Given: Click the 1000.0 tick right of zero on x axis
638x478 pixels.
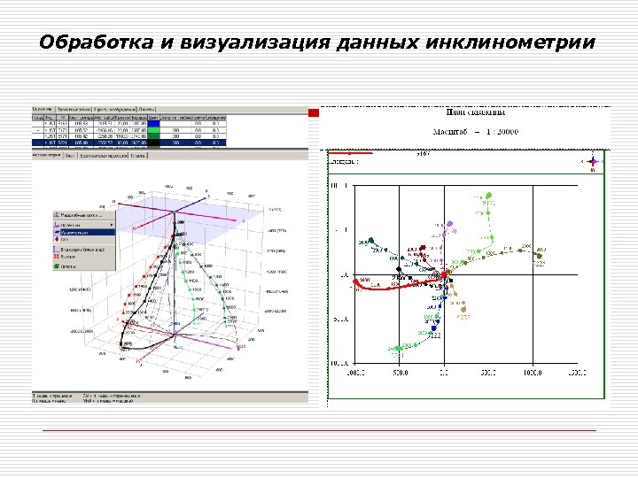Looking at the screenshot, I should pos(531,374).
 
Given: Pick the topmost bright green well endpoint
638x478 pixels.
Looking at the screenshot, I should pos(486,197).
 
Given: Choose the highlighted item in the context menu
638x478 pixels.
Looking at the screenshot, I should pos(85,232).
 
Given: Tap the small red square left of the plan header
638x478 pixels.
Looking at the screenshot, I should pos(313,113).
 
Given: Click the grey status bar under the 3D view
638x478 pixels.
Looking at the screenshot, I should pos(168,397).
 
